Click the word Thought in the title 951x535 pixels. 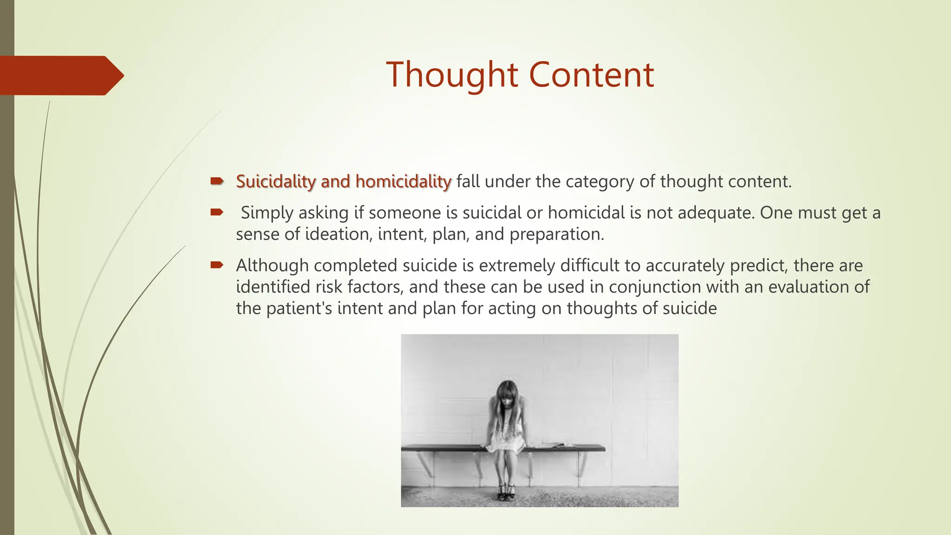tap(451, 75)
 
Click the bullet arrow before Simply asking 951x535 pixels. tap(216, 213)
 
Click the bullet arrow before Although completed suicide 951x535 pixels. tap(216, 265)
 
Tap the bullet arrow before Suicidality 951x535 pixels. tap(216, 181)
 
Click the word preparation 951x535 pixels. tap(556, 235)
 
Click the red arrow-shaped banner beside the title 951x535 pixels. tap(60, 75)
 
